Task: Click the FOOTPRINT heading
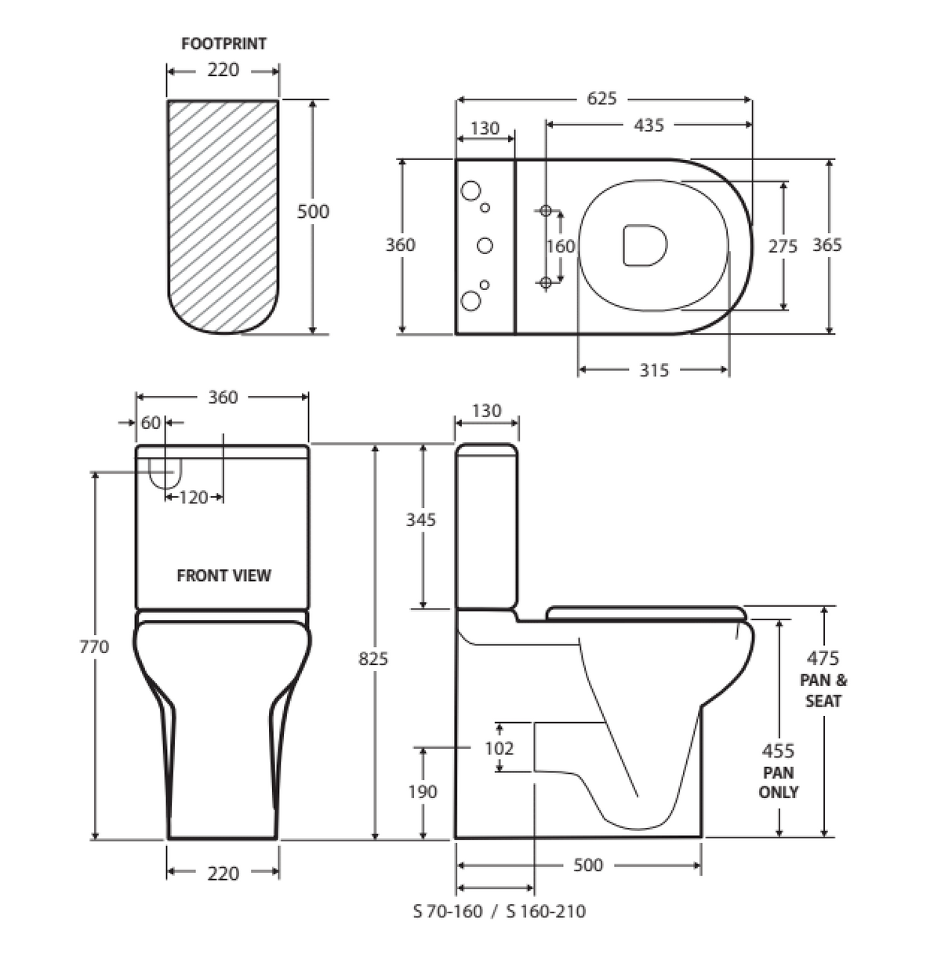click(223, 44)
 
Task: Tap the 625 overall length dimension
click(601, 99)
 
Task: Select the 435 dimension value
click(649, 125)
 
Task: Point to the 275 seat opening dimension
click(783, 245)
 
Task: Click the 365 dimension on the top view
click(827, 245)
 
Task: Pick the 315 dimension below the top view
click(653, 370)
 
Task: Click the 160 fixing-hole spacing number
click(561, 246)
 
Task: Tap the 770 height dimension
click(94, 647)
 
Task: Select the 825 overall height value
click(373, 659)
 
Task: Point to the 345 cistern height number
click(421, 519)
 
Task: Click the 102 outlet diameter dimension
click(499, 748)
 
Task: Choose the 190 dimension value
click(423, 792)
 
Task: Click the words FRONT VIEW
click(223, 576)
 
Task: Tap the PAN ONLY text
click(778, 783)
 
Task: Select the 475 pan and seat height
click(823, 659)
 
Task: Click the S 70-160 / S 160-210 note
click(500, 911)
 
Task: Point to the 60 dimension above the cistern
click(150, 423)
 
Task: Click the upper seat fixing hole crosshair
click(546, 210)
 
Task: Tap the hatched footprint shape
click(223, 216)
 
